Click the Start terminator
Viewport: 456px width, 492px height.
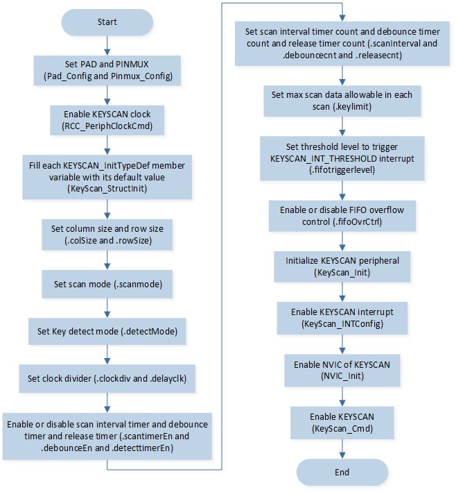coord(107,22)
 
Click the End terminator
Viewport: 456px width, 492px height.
coord(342,473)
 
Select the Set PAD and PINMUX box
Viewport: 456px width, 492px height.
coord(107,70)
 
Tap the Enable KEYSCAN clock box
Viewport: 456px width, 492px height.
coord(107,120)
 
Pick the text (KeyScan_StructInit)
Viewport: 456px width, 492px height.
coord(107,189)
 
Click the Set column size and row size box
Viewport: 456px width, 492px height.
coord(107,235)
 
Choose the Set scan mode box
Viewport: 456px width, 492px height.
coord(107,284)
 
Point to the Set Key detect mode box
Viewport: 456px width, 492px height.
coord(107,331)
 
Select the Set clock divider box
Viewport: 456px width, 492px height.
coord(107,378)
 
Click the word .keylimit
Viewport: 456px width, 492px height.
coord(353,107)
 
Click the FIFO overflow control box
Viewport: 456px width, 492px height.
coord(342,216)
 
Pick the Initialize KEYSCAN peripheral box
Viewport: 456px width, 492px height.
coord(342,266)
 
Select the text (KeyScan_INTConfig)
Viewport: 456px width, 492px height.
coord(342,323)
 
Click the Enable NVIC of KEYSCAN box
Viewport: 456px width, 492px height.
coord(342,371)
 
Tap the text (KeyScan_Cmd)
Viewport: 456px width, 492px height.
coord(342,428)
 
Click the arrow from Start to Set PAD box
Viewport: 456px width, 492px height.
coord(107,46)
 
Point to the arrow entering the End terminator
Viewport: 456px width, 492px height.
coord(342,449)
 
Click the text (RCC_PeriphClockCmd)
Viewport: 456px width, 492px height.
coord(107,126)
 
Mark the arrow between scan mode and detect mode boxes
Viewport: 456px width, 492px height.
coord(107,308)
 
